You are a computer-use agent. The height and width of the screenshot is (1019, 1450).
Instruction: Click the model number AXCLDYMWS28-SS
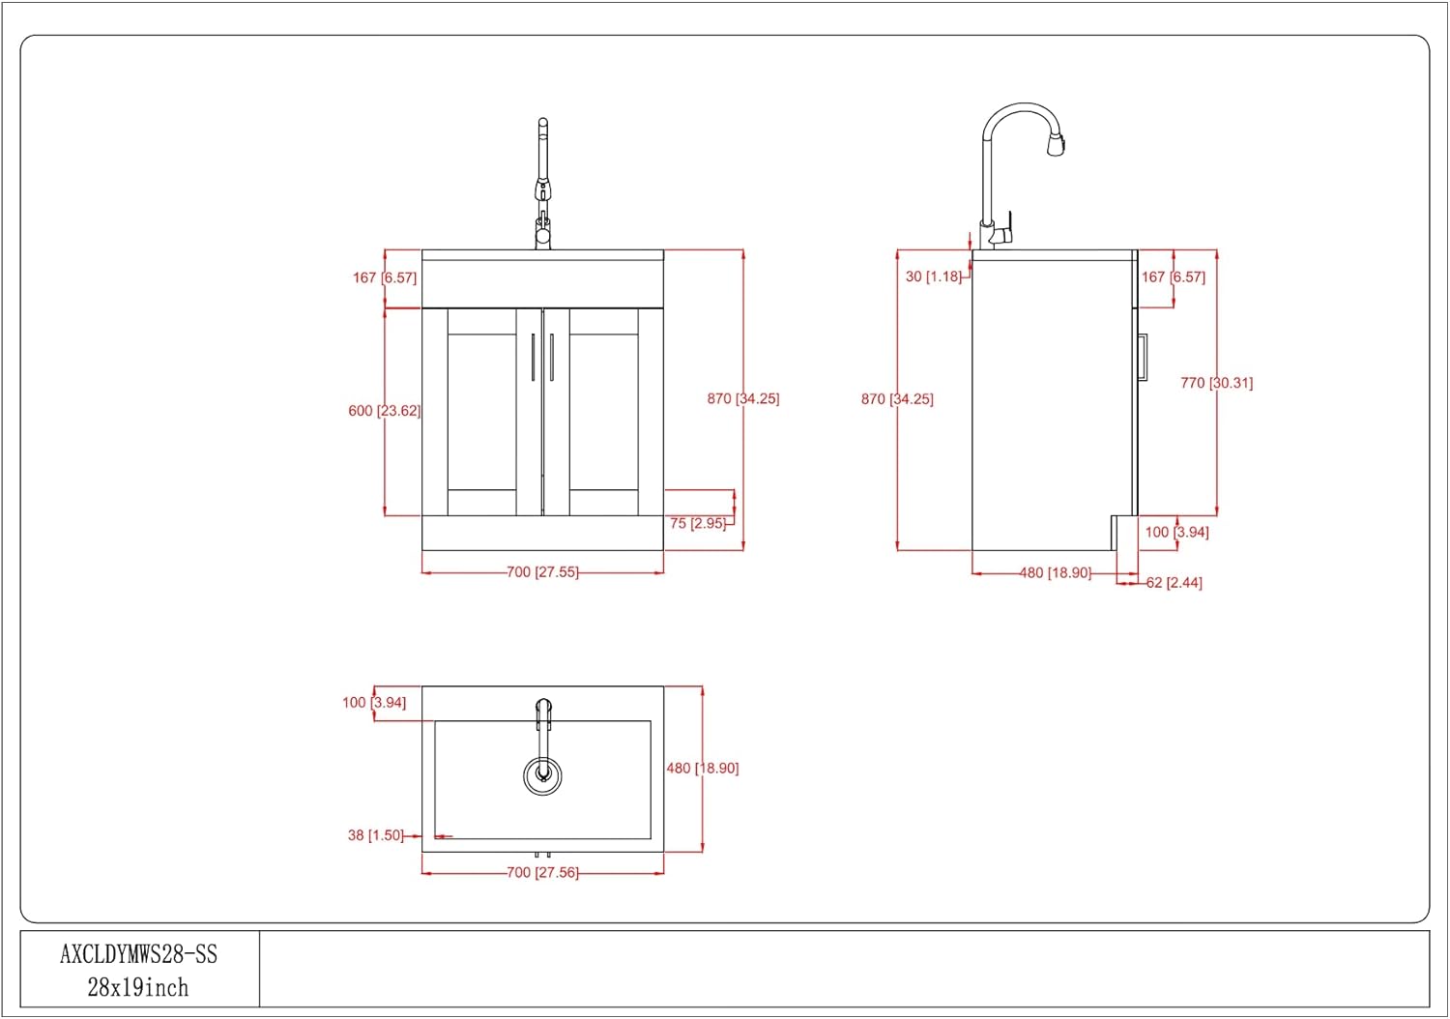tap(138, 954)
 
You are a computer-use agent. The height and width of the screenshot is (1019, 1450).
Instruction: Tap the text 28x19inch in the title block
tap(138, 988)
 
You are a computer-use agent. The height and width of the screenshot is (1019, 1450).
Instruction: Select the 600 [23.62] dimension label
tap(385, 411)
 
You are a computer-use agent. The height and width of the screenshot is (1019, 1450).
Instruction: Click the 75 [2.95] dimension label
tap(698, 523)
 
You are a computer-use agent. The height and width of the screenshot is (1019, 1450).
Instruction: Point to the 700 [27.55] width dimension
tap(542, 572)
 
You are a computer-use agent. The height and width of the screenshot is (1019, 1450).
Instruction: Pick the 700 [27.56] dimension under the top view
tap(542, 873)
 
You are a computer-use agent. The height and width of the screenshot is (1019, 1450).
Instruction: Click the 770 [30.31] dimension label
tap(1216, 383)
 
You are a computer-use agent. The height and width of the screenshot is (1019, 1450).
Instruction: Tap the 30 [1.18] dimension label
tap(934, 277)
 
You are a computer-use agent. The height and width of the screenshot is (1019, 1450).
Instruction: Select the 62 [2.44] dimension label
tap(1174, 583)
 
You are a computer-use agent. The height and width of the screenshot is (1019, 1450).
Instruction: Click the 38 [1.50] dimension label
tap(375, 835)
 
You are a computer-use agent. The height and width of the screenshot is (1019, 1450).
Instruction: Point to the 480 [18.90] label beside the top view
tap(703, 768)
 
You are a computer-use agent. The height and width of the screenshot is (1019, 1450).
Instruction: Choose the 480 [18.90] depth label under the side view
tap(1056, 573)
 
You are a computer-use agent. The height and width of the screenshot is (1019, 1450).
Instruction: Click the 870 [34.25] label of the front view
tap(743, 398)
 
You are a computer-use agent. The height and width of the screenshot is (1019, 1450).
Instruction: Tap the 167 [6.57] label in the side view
tap(1173, 277)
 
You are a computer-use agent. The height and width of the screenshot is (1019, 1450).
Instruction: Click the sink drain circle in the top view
tap(542, 775)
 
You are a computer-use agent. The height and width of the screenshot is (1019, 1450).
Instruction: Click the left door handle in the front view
tap(533, 358)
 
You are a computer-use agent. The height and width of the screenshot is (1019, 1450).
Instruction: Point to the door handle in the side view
tap(1143, 357)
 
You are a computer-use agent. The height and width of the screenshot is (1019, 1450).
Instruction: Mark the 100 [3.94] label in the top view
tap(374, 703)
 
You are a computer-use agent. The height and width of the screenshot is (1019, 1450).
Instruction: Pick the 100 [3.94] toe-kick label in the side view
tap(1176, 532)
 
